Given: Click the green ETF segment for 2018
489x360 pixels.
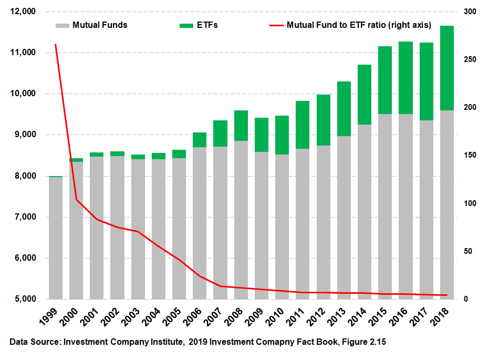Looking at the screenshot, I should click(x=447, y=68).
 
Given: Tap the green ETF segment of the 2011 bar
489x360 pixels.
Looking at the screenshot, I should click(x=303, y=125).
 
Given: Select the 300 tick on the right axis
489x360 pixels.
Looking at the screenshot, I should click(x=469, y=12).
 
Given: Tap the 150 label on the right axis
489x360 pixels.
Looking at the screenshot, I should click(x=469, y=156).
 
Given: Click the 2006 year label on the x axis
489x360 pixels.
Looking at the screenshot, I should click(x=198, y=316).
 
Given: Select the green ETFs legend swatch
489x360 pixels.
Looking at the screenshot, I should click(x=186, y=25).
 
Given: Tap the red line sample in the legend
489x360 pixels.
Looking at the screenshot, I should click(x=276, y=25).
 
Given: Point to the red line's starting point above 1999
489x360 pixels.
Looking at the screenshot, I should click(x=55, y=45).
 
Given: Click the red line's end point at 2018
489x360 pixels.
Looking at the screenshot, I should click(x=447, y=295).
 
